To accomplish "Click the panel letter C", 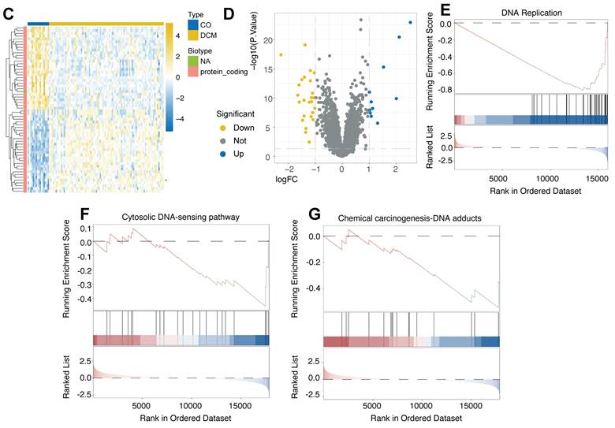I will click(x=9, y=13).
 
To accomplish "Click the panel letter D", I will click(x=251, y=13).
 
